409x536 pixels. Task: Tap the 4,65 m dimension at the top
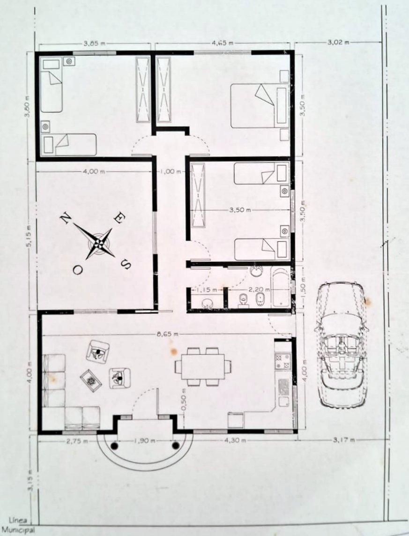pyautogui.click(x=223, y=43)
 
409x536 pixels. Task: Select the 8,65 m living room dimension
pyautogui.click(x=167, y=334)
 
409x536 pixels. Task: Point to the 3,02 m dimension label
pyautogui.click(x=339, y=43)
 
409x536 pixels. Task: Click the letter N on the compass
pyautogui.click(x=65, y=218)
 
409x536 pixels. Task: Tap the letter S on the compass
pyautogui.click(x=126, y=264)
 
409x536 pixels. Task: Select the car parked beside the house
pyautogui.click(x=342, y=345)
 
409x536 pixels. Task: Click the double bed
pyautogui.click(x=260, y=106)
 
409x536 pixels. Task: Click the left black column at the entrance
pyautogui.click(x=114, y=446)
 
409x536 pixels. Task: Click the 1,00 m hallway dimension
pyautogui.click(x=170, y=171)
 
